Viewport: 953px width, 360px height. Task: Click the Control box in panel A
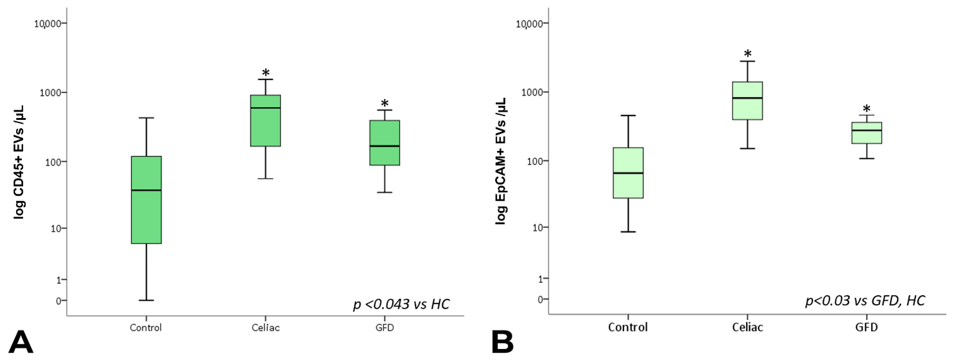pyautogui.click(x=146, y=200)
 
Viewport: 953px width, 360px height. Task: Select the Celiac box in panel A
pyautogui.click(x=265, y=121)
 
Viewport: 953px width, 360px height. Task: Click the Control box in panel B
pyautogui.click(x=628, y=173)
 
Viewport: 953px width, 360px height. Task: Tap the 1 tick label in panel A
pyautogui.click(x=58, y=280)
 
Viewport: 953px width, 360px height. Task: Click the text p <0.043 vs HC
pyautogui.click(x=401, y=304)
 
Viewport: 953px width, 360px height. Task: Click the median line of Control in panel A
pyautogui.click(x=146, y=190)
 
